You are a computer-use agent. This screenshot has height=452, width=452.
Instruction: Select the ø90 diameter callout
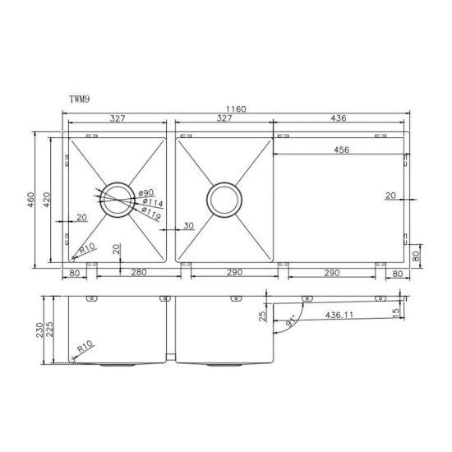click(x=148, y=191)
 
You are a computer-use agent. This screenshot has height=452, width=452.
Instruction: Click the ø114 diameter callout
click(x=150, y=201)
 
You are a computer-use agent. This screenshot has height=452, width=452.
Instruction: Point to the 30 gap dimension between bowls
click(x=189, y=226)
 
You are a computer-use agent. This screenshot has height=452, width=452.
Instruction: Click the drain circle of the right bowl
click(x=224, y=200)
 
